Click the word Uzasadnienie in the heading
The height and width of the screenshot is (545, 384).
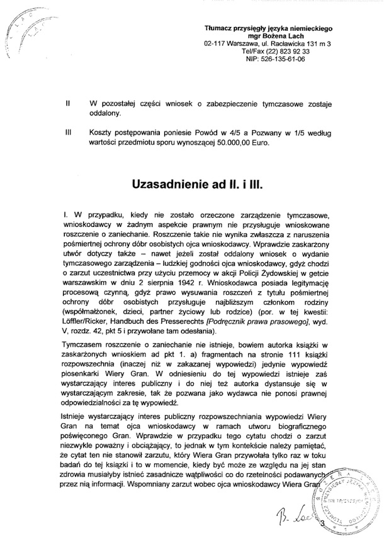(172, 186)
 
